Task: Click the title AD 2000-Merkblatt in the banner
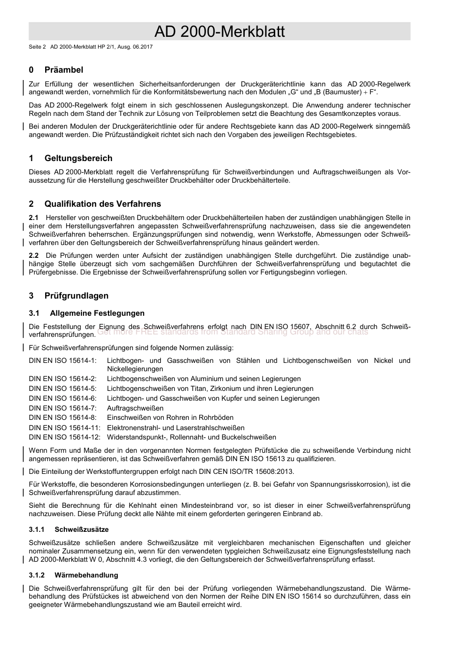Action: [219, 32]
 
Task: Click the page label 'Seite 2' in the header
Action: [37, 47]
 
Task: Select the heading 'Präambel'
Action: [64, 70]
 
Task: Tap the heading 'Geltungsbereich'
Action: [78, 158]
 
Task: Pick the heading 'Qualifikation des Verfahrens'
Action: [103, 204]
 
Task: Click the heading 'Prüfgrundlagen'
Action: [76, 296]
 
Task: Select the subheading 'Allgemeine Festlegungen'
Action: [97, 313]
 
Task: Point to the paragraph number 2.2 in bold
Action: [34, 255]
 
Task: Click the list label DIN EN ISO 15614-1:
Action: [63, 360]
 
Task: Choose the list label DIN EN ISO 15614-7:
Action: [63, 408]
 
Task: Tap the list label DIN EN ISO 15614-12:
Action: [65, 437]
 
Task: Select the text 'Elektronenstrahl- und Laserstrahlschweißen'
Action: [176, 428]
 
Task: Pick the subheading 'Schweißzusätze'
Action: [81, 529]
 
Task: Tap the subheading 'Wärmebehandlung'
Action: [86, 575]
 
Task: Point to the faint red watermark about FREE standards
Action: [233, 332]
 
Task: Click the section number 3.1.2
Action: [37, 575]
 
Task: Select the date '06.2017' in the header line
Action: [143, 47]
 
